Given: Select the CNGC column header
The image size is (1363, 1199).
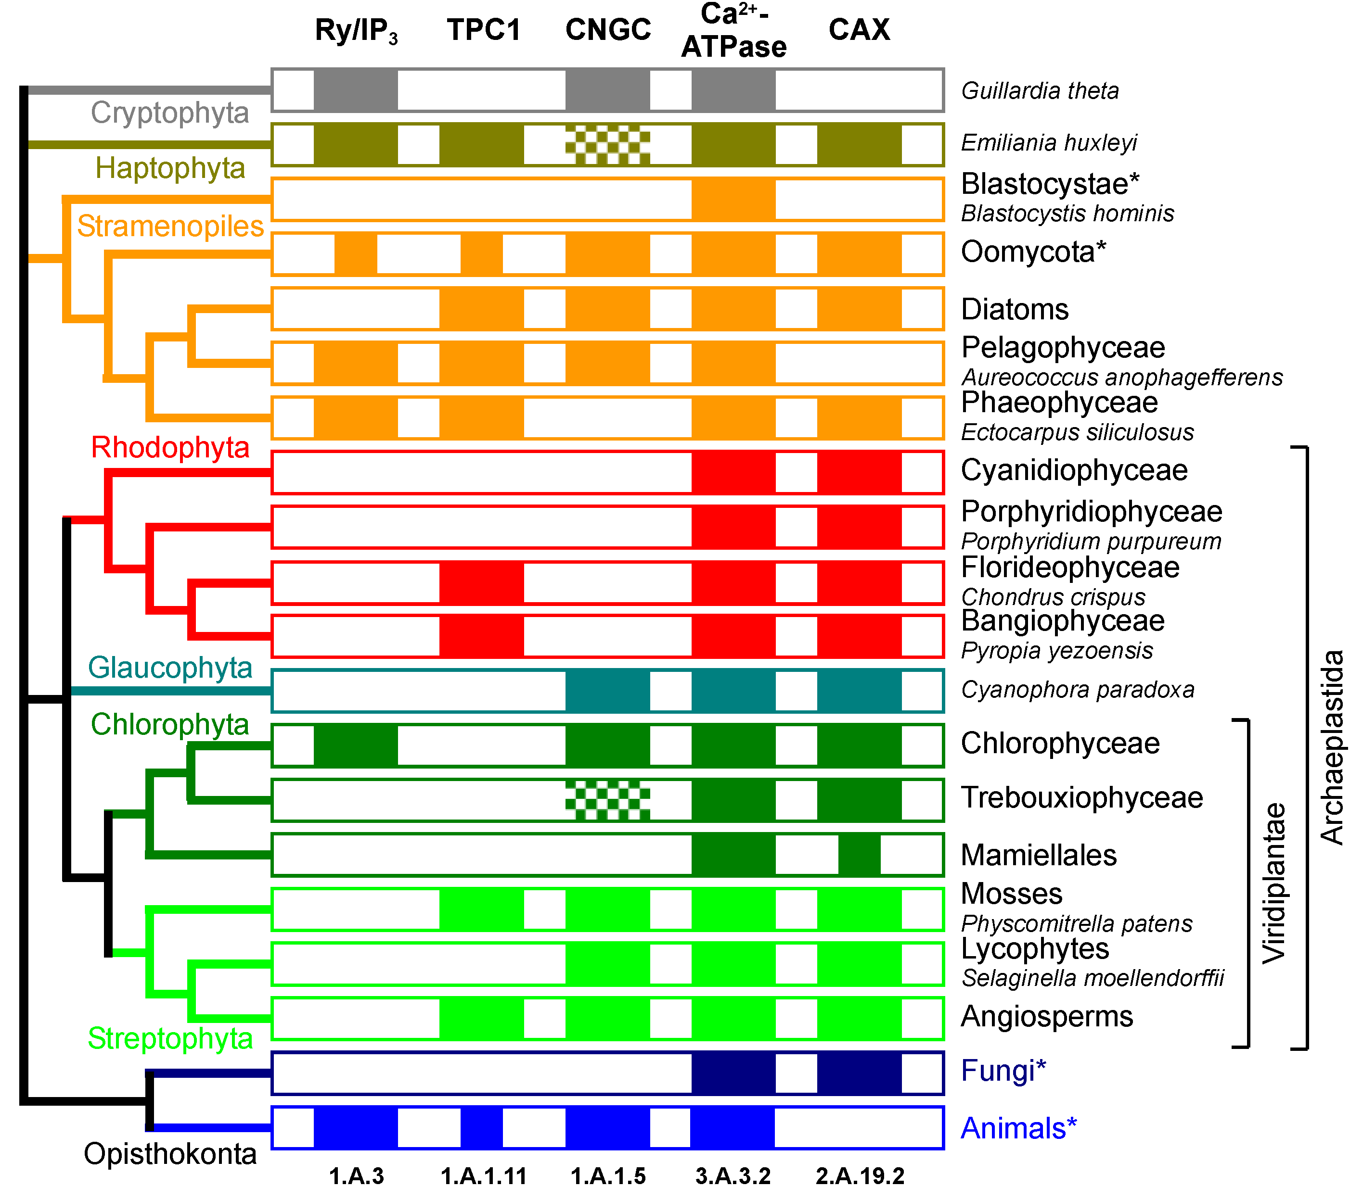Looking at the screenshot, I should click(607, 30).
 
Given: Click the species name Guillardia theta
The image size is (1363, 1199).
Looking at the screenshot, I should click(1040, 90).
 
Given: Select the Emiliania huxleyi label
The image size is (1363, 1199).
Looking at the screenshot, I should click(1048, 143).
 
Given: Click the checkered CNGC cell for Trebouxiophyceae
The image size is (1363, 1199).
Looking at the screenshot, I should click(607, 800).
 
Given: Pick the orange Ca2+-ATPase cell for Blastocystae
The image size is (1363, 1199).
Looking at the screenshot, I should click(733, 199).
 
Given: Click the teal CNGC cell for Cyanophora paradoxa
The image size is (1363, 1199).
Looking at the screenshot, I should click(607, 691).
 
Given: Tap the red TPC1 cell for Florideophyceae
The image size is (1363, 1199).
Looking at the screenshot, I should click(481, 582).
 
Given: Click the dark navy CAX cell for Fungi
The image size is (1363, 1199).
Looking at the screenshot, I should click(860, 1073).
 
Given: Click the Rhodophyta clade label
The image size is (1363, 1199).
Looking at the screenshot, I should click(170, 447).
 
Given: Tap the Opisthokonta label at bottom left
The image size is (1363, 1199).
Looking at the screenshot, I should click(170, 1154).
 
